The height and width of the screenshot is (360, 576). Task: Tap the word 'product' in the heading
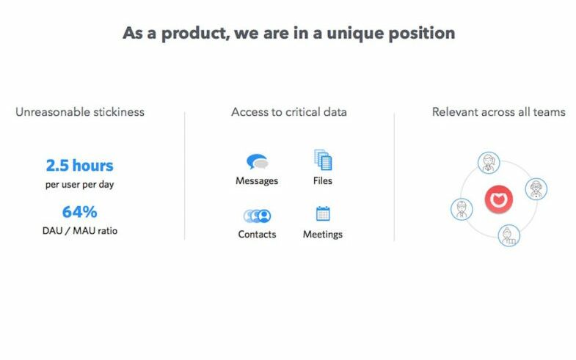[x=195, y=34]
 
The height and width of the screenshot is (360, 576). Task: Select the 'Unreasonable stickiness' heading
[x=80, y=112]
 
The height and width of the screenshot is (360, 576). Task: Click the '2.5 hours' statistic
[x=80, y=166]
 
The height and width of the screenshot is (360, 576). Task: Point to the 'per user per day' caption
[x=80, y=184]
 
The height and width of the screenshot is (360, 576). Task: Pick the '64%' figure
[x=80, y=212]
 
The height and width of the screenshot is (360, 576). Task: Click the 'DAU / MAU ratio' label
[x=80, y=231]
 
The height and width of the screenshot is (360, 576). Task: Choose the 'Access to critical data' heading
[x=289, y=112]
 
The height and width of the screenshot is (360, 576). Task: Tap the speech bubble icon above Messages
[x=257, y=161]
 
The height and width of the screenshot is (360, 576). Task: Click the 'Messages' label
[x=257, y=181]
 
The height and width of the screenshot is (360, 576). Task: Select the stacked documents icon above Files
[x=323, y=160]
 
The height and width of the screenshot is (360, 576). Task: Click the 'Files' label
[x=323, y=180]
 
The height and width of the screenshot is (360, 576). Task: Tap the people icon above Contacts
[x=257, y=216]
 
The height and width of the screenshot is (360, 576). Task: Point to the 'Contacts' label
[x=257, y=234]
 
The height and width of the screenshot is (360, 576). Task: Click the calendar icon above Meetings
[x=323, y=213]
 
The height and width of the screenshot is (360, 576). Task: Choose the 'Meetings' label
[x=323, y=235]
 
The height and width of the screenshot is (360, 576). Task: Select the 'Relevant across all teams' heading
[x=499, y=112]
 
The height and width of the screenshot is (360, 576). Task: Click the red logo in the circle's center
[x=498, y=199]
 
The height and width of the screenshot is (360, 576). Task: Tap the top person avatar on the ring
[x=489, y=163]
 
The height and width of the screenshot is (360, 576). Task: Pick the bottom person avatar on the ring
[x=509, y=235]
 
